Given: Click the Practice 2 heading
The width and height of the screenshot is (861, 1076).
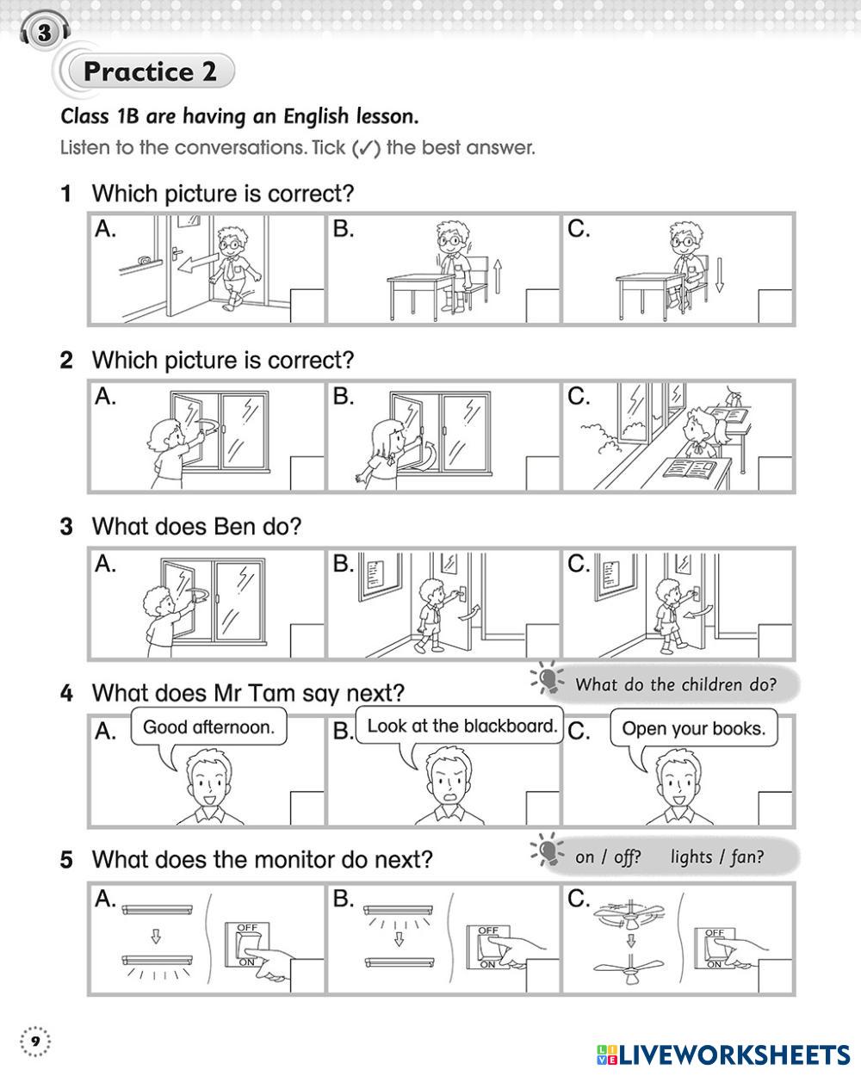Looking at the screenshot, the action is pos(150,71).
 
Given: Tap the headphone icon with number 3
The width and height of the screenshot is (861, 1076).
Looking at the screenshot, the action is pos(45,33).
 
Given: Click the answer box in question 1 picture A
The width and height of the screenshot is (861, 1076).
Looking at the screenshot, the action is pos(307,306).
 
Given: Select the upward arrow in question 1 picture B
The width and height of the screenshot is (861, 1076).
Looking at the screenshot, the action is pos(498,276).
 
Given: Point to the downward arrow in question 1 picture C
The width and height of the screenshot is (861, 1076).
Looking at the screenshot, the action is pos(720,275).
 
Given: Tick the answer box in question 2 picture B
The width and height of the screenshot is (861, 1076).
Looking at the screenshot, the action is pos(542,473).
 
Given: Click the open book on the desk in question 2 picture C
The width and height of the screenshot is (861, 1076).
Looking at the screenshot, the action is pos(691,469).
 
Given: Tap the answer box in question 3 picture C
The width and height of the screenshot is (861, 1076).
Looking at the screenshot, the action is pos(776,640).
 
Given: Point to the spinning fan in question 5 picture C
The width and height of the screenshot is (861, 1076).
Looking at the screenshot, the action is pos(629,912).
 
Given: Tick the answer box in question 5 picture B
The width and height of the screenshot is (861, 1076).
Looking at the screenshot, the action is pos(542,975).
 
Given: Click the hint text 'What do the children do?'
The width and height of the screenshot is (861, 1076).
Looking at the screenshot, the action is pos(675,684).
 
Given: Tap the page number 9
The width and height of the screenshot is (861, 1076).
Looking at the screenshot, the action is pos(35,1042).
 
